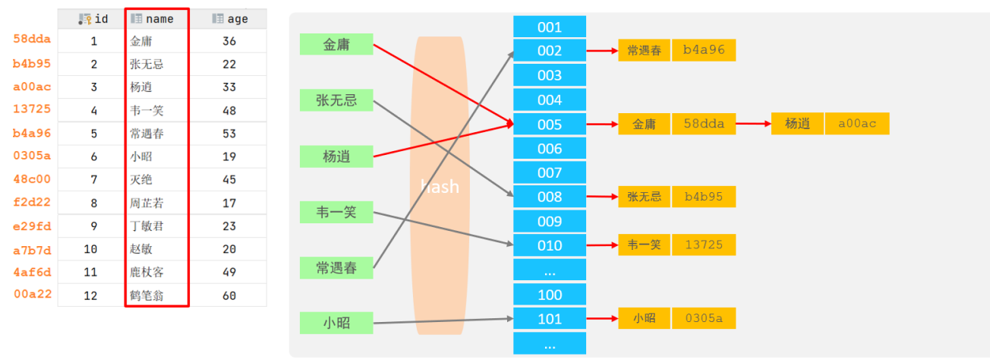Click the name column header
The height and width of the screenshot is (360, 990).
coord(157,19)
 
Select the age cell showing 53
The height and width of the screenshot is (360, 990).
coord(229,134)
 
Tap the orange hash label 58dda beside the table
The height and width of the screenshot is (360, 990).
coord(32,39)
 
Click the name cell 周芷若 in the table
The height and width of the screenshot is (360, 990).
coord(147,203)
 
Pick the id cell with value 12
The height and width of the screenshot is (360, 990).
coord(90,295)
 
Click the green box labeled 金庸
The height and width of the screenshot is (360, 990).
coord(336,44)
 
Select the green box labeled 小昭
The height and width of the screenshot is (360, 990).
coord(336,323)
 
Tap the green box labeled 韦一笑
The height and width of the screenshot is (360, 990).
coord(336,213)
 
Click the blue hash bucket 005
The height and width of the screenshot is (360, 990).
coord(550,125)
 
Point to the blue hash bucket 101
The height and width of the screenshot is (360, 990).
coord(550,319)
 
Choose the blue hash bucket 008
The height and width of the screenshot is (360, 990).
coord(550,197)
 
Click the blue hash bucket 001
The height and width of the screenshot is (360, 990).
coord(550,27)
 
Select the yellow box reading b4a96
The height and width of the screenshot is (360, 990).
coord(704,50)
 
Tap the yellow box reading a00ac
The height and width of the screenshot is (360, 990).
coord(857,123)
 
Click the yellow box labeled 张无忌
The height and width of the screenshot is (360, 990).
coord(644,197)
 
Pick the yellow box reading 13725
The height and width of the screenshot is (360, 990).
coord(704,245)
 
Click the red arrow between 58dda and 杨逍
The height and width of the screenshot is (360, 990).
coord(754,123)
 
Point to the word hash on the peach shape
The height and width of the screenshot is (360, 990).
coord(440,187)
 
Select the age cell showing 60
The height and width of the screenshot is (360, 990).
coord(229,295)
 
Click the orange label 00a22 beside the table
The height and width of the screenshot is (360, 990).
coord(33,294)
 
